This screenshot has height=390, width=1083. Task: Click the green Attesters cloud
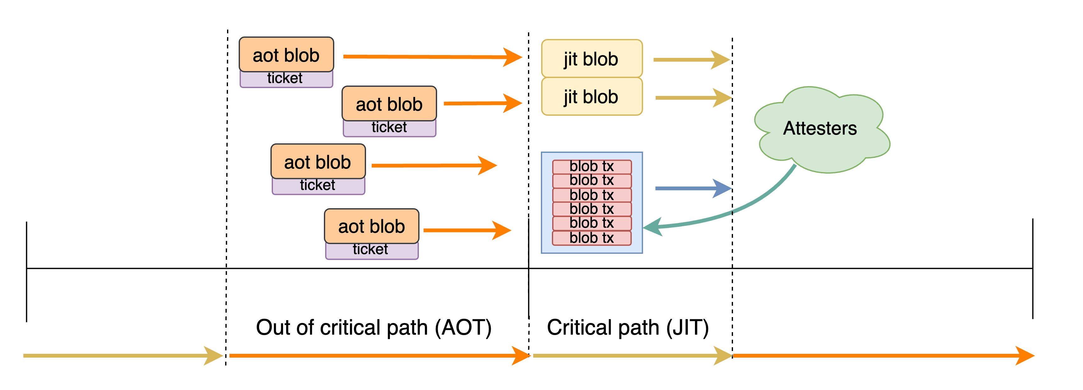820,128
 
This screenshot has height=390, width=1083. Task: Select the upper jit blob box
591,59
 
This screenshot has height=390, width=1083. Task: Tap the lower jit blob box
591,97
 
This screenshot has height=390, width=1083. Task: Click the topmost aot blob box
286,55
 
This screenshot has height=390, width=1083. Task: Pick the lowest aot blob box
372,226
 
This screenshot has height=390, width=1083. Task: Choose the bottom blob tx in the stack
591,238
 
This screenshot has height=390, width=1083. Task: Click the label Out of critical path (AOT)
373,327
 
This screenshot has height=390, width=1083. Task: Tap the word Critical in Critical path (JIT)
579,327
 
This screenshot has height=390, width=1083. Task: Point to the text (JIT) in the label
687,327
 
